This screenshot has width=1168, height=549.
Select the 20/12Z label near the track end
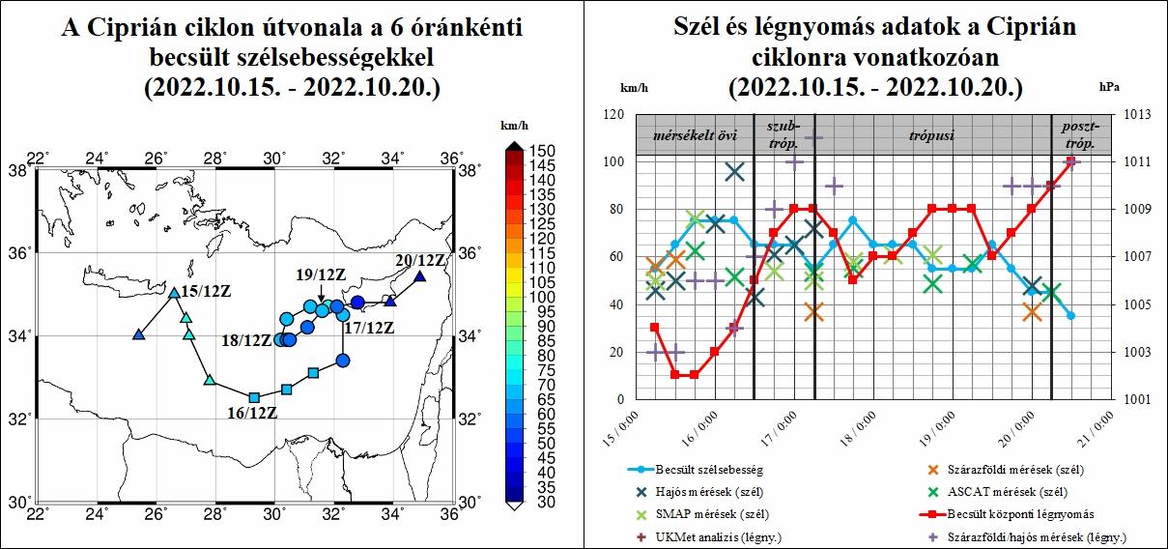pos(420,261)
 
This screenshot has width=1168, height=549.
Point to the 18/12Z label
pos(246,340)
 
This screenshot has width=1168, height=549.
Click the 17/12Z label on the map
pos(368,328)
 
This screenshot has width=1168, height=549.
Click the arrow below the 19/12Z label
pos(322,293)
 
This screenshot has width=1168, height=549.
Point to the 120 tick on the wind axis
pos(613,114)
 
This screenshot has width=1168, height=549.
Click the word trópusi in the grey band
pos(931,135)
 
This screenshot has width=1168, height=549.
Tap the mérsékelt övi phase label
pos(688,135)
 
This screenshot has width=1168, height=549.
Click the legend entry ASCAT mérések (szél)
pos(1014,492)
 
